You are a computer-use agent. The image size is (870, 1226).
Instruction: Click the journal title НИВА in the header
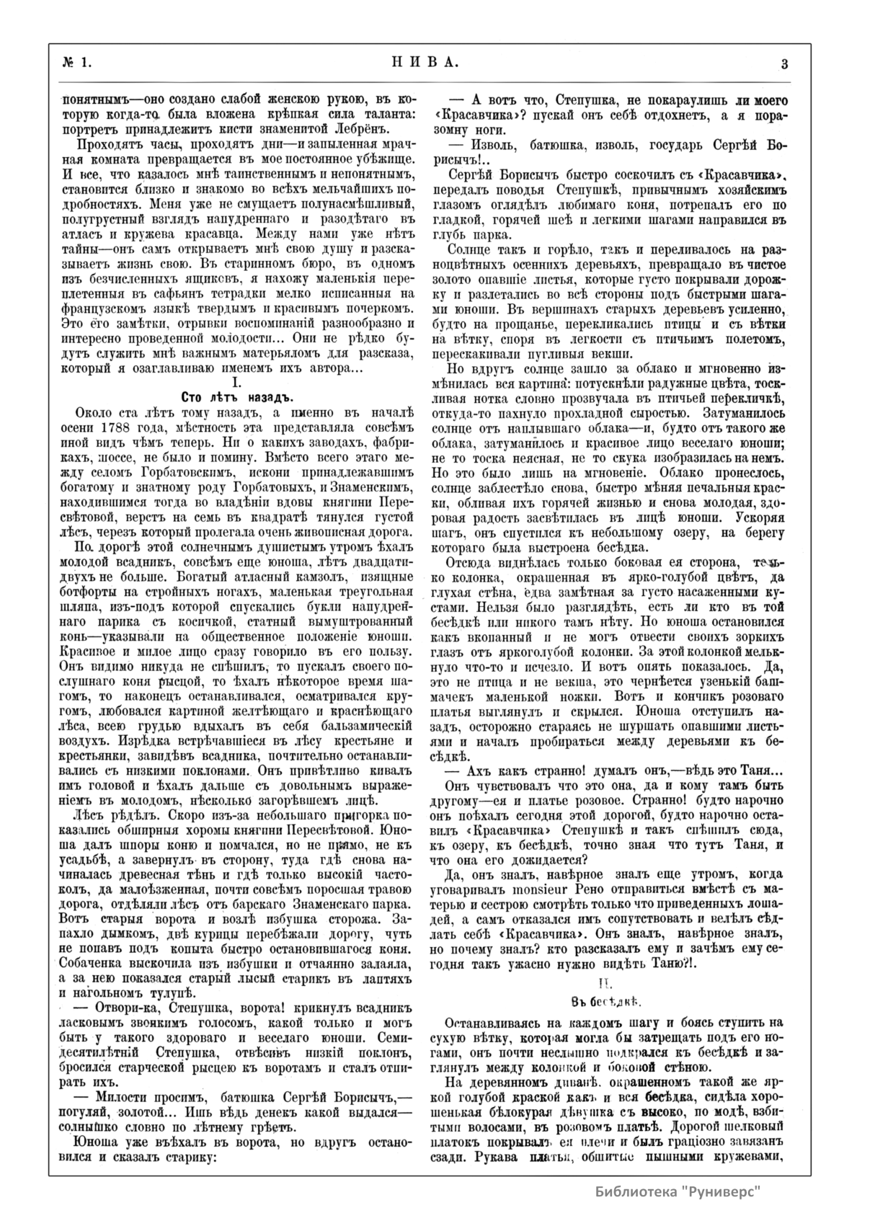(425, 63)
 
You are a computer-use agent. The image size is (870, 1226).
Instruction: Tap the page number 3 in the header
(784, 63)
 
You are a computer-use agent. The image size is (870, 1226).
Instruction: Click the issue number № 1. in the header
(76, 63)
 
